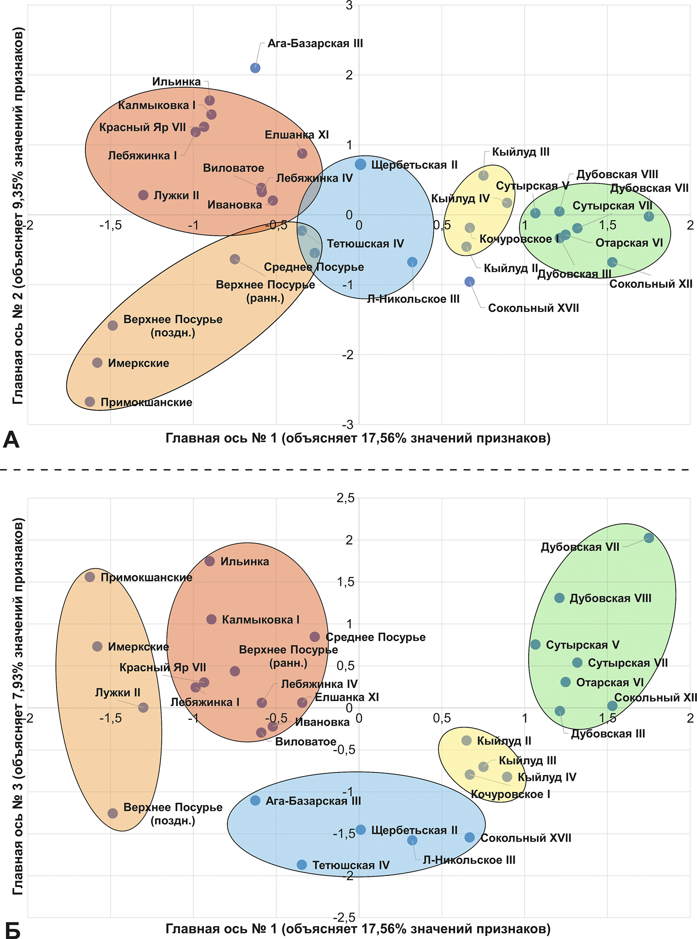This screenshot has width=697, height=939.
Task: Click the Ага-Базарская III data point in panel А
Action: [255, 68]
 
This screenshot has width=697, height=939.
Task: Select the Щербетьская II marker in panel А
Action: [360, 165]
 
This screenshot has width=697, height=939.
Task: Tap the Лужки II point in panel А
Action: [143, 195]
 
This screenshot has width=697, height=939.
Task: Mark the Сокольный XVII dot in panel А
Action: [470, 282]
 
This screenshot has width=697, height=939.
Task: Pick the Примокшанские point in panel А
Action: [90, 402]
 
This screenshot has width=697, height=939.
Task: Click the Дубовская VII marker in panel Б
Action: [649, 538]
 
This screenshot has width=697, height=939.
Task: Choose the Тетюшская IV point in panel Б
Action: [302, 865]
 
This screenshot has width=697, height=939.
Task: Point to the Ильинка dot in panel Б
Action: [210, 561]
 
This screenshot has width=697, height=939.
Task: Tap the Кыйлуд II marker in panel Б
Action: [467, 740]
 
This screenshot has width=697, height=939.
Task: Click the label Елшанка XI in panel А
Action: [297, 135]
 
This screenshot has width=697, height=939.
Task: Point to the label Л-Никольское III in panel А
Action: [413, 299]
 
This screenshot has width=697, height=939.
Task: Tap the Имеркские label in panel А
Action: [138, 363]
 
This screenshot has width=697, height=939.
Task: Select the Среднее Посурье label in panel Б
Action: [375, 637]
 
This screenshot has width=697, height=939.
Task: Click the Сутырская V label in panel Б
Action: [583, 645]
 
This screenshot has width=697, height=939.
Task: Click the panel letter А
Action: [11, 441]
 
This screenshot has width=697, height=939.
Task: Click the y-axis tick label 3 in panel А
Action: [349, 6]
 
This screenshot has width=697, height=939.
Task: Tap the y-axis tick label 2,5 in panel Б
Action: [346, 498]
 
